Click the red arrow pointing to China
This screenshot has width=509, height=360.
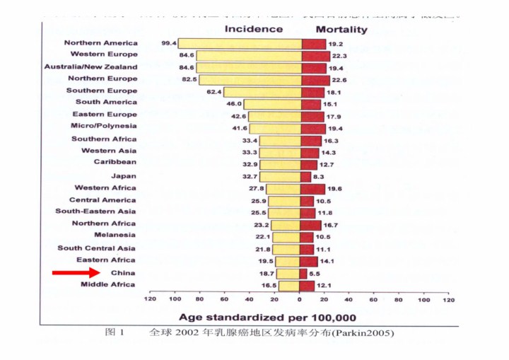[76, 272]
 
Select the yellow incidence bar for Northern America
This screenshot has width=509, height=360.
[240, 43]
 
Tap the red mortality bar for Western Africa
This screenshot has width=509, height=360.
[313, 188]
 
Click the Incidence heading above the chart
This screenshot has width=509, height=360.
[254, 29]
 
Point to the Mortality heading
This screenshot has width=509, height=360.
[341, 30]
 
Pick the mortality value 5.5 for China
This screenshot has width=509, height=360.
[315, 273]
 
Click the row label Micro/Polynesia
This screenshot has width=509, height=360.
[104, 127]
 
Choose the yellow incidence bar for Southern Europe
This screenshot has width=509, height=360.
[262, 92]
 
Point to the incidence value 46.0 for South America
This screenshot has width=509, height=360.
[233, 103]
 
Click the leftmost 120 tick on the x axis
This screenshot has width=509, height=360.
[150, 300]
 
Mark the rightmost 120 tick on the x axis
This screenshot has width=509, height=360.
[449, 300]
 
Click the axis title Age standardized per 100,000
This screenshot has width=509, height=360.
[267, 317]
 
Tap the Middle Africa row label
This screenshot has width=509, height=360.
[108, 284]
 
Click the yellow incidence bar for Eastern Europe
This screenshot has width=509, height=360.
[274, 115]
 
